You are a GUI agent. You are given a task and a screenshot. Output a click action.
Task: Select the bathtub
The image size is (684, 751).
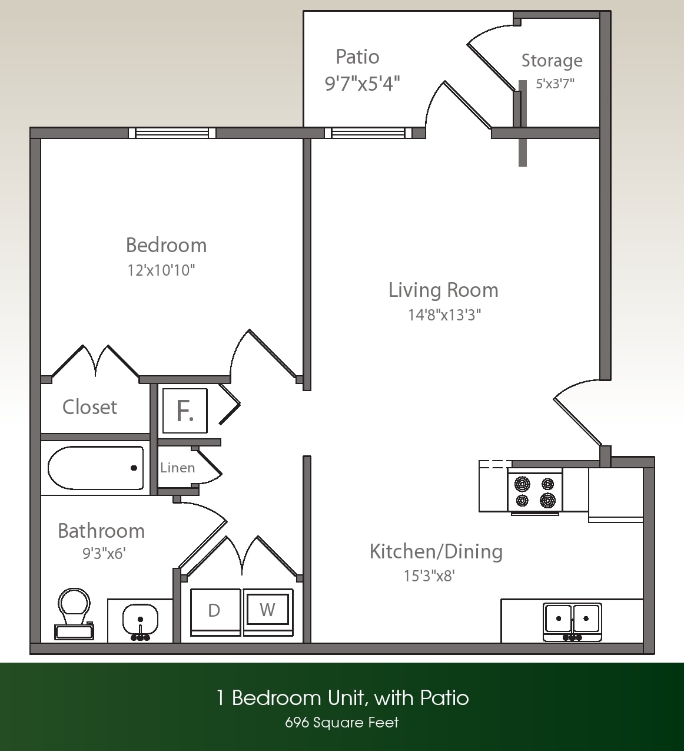[x=95, y=468]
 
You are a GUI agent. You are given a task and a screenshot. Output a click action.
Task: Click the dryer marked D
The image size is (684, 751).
[x=215, y=611]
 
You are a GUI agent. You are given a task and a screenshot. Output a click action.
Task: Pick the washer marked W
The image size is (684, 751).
[x=268, y=610]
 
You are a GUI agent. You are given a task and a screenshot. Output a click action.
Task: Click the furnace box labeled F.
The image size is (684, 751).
[x=185, y=411]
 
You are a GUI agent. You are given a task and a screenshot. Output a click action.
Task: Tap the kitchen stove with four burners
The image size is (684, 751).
[x=534, y=492]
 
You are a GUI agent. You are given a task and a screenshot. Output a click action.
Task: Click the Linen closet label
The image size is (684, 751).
[x=177, y=468]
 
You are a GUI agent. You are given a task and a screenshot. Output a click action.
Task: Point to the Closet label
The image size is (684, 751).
[x=89, y=407]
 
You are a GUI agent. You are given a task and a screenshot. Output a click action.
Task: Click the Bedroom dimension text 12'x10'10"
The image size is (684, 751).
[x=161, y=270]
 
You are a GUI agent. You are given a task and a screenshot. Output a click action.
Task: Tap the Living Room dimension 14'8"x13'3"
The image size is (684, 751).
[x=444, y=315]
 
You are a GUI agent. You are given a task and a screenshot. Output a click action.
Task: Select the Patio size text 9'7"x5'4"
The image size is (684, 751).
[x=362, y=84]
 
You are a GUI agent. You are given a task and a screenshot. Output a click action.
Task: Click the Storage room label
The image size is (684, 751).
[x=552, y=61]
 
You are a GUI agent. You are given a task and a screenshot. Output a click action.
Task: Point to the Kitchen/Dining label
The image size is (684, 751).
[x=436, y=552]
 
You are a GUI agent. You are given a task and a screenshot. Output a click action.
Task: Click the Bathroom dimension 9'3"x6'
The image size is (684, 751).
[x=104, y=554]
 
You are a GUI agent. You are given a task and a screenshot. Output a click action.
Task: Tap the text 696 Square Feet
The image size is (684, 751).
[x=341, y=723]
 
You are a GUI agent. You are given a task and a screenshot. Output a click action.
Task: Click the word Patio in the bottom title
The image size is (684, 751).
[x=444, y=698]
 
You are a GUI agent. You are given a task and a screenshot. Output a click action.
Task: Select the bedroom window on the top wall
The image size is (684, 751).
[x=172, y=133]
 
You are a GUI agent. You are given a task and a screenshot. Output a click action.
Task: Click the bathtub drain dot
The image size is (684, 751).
[x=134, y=468]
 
